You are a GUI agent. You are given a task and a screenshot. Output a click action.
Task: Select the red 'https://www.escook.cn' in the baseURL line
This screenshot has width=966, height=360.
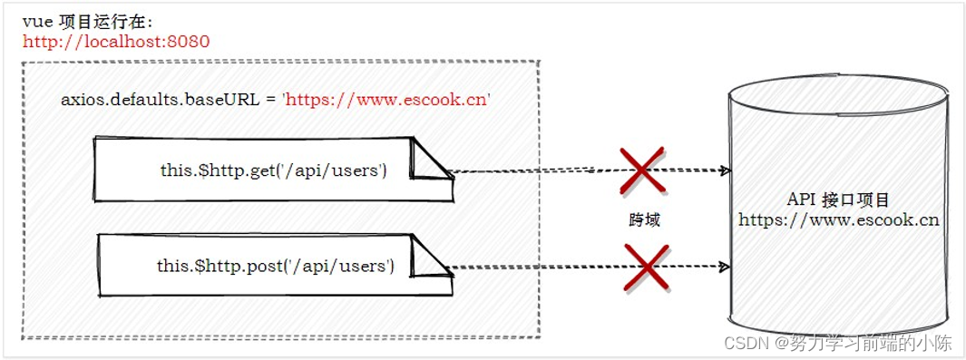click(x=387, y=99)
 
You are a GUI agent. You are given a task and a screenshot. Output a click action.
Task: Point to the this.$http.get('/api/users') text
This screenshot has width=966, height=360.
click(x=271, y=170)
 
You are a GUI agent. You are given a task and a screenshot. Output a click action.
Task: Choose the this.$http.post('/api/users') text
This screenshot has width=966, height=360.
click(x=275, y=266)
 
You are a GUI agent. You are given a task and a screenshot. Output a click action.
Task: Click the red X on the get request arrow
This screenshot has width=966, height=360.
click(x=641, y=170)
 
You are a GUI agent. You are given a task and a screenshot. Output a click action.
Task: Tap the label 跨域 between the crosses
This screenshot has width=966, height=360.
click(x=643, y=219)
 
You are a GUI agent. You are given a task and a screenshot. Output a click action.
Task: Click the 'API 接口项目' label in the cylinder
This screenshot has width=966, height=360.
click(x=838, y=199)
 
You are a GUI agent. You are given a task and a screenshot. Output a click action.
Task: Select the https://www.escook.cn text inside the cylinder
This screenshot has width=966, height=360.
click(x=838, y=219)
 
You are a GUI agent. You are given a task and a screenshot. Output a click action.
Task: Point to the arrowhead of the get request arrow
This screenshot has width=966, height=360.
click(x=725, y=170)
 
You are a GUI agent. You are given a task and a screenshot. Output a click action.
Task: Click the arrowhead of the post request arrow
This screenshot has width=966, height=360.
click(x=725, y=267)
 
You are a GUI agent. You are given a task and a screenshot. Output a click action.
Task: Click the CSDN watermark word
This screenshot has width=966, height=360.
click(x=746, y=344)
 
